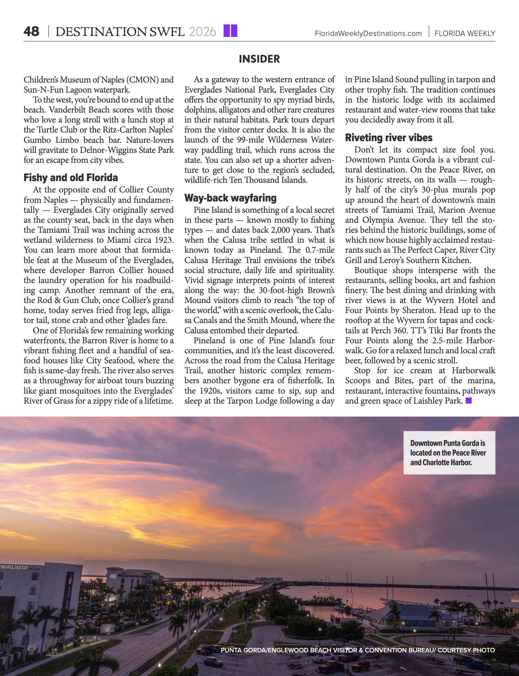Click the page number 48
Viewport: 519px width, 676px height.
tap(31, 32)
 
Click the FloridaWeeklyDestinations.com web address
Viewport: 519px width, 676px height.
tap(368, 34)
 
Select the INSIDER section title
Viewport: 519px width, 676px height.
tap(259, 59)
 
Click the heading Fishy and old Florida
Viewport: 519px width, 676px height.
tap(71, 177)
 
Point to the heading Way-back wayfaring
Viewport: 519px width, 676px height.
tap(230, 198)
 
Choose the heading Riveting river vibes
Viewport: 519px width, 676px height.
tap(388, 138)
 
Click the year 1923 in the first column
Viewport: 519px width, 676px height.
tap(164, 240)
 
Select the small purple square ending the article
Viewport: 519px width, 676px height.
tap(469, 401)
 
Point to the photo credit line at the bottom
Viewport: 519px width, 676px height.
tap(357, 650)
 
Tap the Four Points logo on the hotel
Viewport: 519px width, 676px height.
tap(112, 575)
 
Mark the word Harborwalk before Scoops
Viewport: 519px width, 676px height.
tap(473, 371)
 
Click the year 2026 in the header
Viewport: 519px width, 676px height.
tap(202, 32)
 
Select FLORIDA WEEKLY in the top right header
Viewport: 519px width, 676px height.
tap(465, 34)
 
